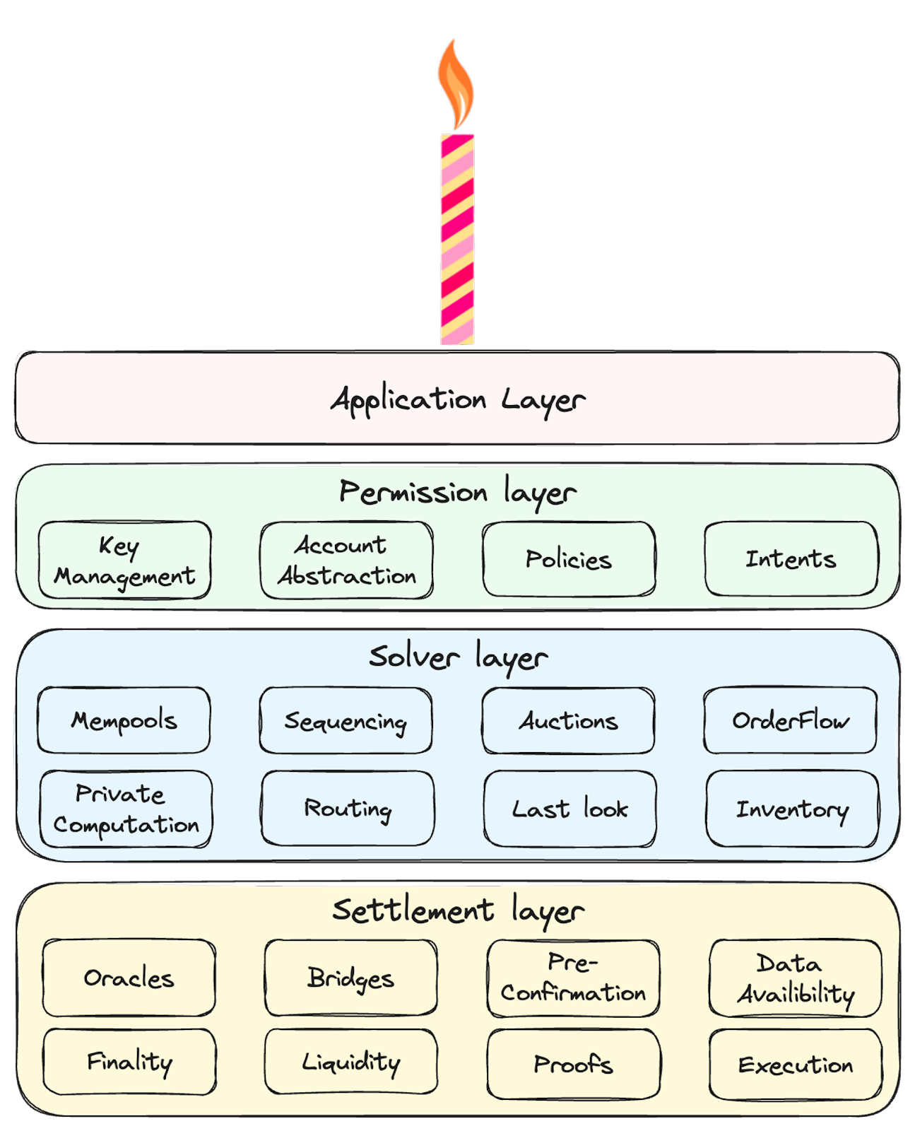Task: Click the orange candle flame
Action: (x=456, y=85)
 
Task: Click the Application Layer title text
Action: (x=458, y=400)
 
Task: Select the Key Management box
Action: (x=125, y=561)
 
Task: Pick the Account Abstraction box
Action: (x=346, y=561)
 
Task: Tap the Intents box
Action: (x=791, y=559)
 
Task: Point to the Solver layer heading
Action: (x=458, y=657)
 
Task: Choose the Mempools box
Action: (x=124, y=720)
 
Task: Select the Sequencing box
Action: (x=346, y=720)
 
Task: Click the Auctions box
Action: (x=568, y=720)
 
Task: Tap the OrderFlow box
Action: (x=790, y=720)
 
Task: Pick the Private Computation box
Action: (x=126, y=809)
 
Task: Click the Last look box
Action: (x=569, y=809)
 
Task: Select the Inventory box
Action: (x=792, y=809)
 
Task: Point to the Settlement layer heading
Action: (x=458, y=910)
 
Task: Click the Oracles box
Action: (x=129, y=978)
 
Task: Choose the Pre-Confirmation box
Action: (x=573, y=978)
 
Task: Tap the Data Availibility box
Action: (x=796, y=978)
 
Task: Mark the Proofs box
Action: (x=574, y=1064)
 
